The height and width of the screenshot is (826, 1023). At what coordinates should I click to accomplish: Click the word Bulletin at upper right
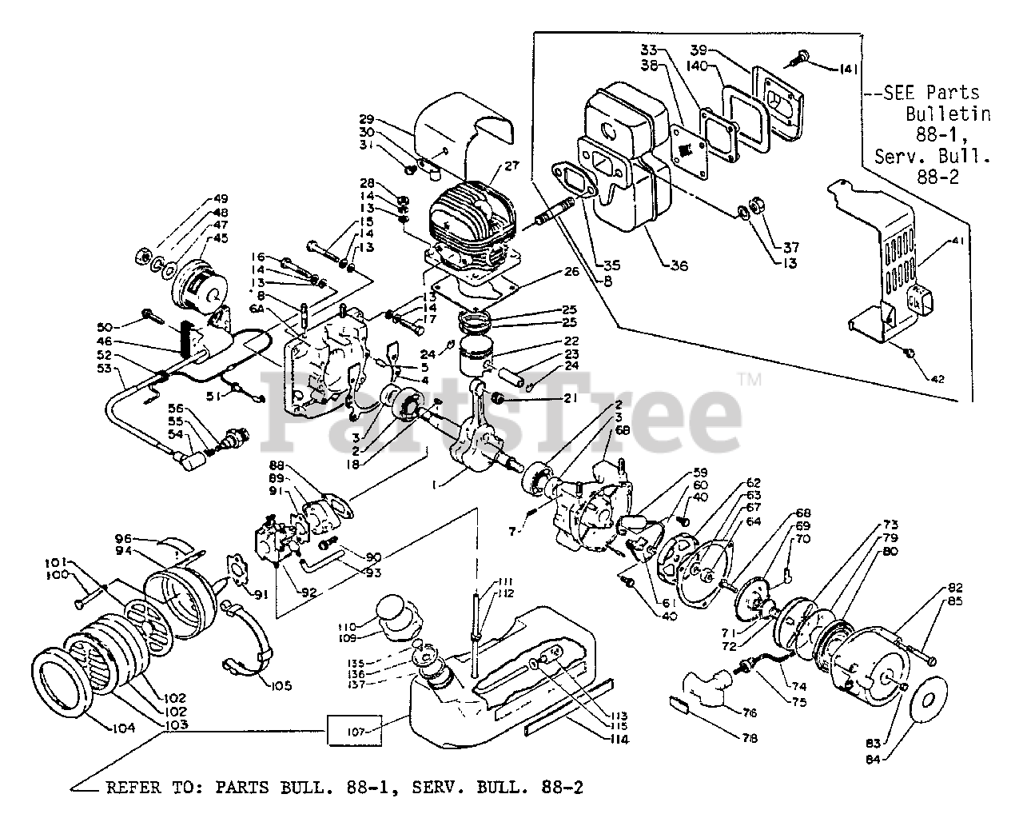point(948,114)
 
